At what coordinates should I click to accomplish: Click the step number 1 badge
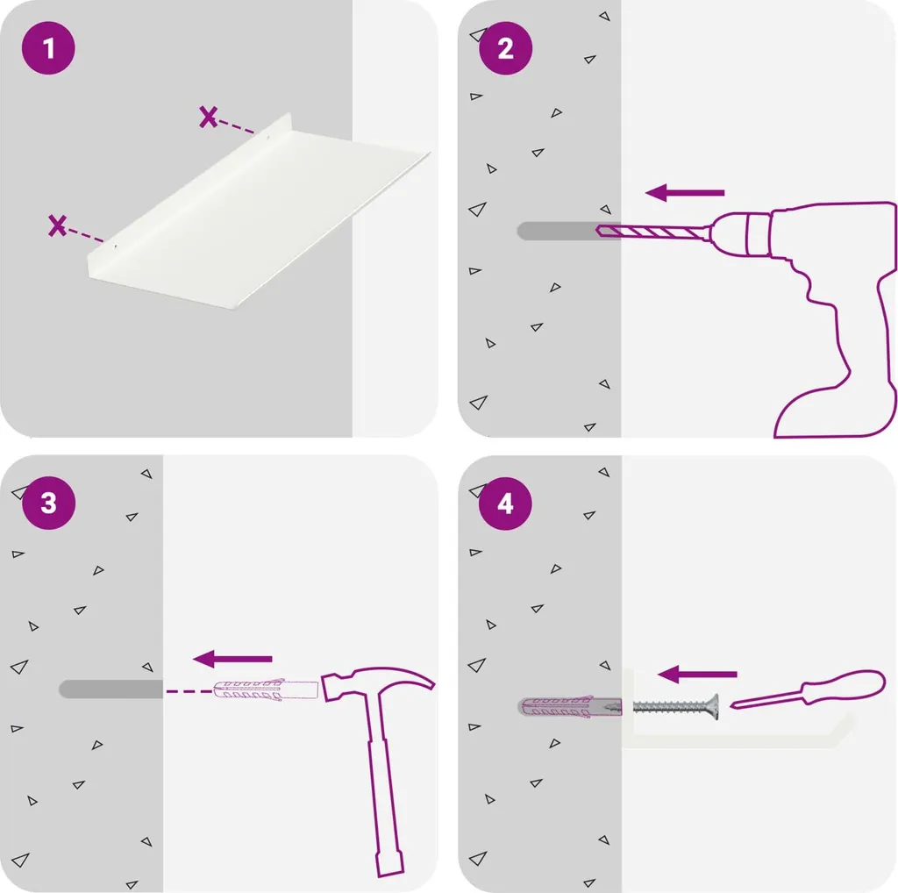click(49, 48)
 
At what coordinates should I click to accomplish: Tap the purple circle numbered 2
click(505, 48)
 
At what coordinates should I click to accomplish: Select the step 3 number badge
click(49, 503)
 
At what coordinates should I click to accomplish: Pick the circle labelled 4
click(505, 503)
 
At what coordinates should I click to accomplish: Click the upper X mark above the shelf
click(209, 117)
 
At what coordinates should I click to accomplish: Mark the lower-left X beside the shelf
click(57, 225)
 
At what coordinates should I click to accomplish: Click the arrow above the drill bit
click(685, 192)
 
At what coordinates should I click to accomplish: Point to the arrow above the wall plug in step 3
click(232, 659)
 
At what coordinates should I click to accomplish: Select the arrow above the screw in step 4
click(697, 675)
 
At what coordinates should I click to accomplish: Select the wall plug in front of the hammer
click(266, 689)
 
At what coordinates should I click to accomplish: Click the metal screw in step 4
click(676, 707)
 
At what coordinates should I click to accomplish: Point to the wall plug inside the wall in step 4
click(570, 707)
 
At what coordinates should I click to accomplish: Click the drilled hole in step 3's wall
click(111, 689)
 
